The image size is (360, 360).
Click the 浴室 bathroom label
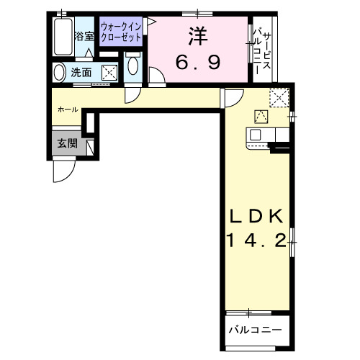[x=84, y=36]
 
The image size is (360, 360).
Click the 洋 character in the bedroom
[x=198, y=35]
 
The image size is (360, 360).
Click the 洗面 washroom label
[x=81, y=72]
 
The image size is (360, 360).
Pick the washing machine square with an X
[x=109, y=72]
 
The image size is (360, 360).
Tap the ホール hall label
[x=68, y=109]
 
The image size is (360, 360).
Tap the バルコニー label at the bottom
[x=255, y=330]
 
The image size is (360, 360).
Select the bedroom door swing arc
[x=158, y=77]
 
